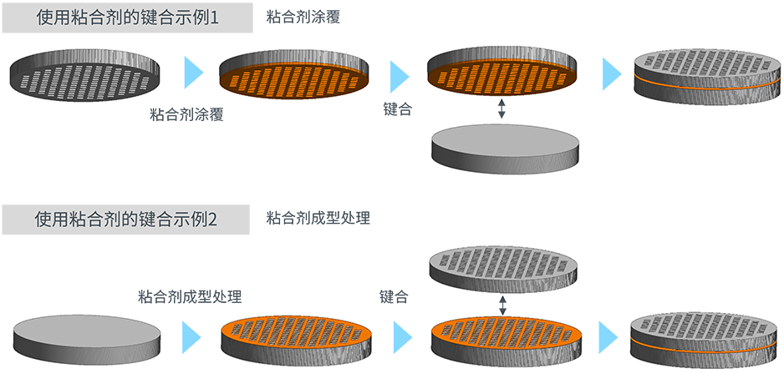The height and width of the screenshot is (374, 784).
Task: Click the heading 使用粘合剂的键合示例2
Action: click(x=126, y=219)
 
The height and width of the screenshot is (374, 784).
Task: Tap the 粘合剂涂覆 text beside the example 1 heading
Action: click(x=303, y=18)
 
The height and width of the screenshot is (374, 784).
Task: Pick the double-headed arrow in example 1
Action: click(x=501, y=109)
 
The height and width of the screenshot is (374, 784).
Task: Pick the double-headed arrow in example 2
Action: click(x=501, y=304)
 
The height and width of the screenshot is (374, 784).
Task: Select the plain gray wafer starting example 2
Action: click(x=86, y=336)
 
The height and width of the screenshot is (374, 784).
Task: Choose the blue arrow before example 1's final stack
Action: click(x=613, y=73)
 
